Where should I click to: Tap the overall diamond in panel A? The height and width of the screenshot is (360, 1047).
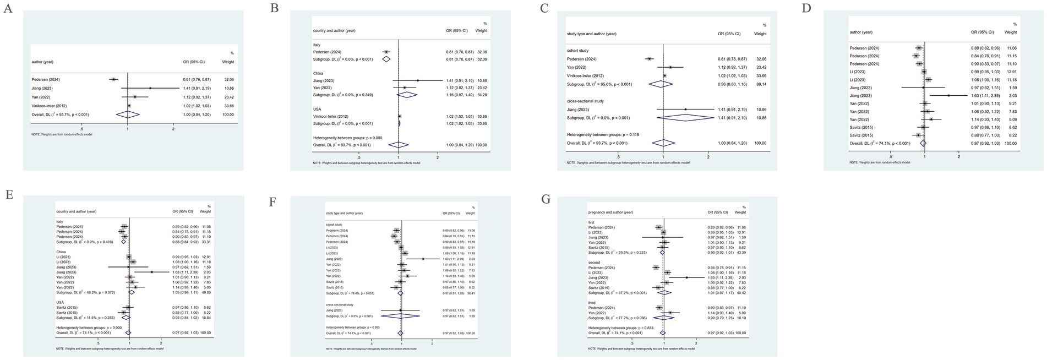127,114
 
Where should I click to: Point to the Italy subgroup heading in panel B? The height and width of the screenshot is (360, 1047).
317,45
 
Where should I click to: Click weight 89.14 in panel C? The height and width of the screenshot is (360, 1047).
760,84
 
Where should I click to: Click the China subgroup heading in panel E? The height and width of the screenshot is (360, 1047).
61,252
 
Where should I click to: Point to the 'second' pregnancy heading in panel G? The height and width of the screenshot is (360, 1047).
595,263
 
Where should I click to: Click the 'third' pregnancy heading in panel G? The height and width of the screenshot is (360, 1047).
592,302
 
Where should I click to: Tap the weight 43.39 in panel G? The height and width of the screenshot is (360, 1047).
740,253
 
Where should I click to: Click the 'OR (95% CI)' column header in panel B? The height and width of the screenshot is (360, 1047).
457,31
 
